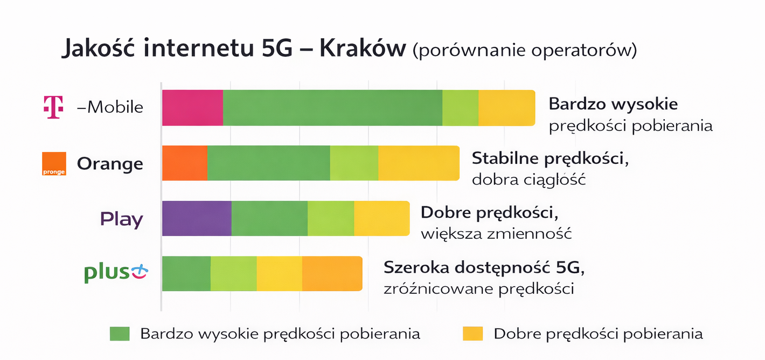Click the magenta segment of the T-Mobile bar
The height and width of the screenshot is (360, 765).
pos(192,108)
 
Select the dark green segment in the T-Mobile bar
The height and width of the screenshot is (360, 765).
pos(332,108)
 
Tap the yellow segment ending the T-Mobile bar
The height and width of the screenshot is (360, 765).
pos(506,108)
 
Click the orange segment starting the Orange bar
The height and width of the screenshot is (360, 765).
pos(185,163)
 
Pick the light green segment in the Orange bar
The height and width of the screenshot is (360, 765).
pos(354,163)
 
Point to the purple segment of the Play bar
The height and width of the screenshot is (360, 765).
pos(197,218)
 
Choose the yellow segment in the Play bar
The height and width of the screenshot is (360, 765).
pos(381,218)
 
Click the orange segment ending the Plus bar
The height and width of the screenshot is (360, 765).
pos(332,273)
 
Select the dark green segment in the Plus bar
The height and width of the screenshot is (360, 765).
pos(186,273)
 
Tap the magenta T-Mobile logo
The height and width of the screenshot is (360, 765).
pos(53,107)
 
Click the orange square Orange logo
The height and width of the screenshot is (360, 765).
pos(54,164)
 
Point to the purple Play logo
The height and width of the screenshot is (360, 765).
pos(122,219)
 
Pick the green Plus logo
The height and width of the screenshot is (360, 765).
pos(115,273)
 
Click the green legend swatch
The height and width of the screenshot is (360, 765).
pos(120,334)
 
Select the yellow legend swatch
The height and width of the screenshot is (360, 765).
pos(472,334)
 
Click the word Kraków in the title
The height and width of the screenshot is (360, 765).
pos(362,49)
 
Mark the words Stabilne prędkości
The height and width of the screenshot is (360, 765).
pos(551,159)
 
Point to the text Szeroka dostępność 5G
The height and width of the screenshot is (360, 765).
pos(484,268)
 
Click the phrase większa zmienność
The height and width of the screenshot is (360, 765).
pos(496,234)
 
